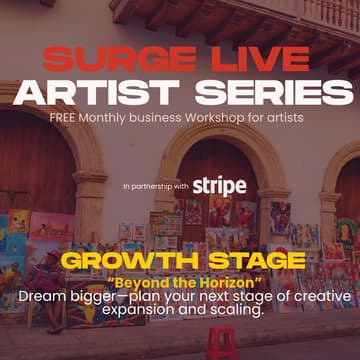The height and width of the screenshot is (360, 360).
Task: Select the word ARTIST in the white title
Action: pyautogui.click(x=98, y=92)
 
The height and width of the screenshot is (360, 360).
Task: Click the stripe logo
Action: pyautogui.click(x=219, y=185)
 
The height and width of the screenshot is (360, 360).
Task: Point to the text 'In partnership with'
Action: pyautogui.click(x=156, y=187)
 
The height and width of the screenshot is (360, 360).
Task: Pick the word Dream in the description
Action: pyautogui.click(x=40, y=297)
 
